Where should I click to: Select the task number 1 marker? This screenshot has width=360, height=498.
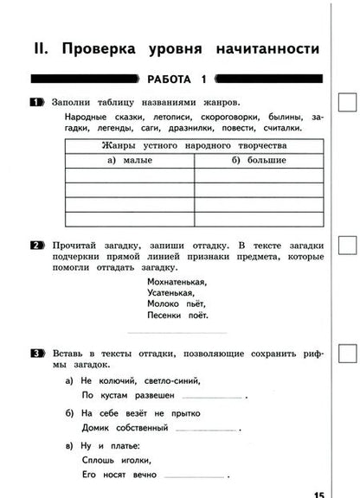point(36,103)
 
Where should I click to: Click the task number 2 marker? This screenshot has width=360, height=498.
point(36,246)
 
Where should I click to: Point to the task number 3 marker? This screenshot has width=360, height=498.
point(36,353)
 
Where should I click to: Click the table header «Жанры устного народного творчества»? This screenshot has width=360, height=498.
point(193,145)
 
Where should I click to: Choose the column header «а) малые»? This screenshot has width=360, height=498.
point(129,160)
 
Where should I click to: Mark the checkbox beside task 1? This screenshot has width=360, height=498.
point(345,103)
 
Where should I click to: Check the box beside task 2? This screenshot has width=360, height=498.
point(345,246)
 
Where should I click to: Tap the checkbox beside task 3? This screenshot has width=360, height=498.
point(345,353)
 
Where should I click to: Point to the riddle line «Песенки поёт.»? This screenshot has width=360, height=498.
point(177,316)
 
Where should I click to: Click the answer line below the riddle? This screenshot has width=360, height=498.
point(177,332)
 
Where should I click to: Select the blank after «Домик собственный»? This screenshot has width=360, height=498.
point(205,430)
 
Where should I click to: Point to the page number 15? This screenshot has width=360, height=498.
point(318,493)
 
